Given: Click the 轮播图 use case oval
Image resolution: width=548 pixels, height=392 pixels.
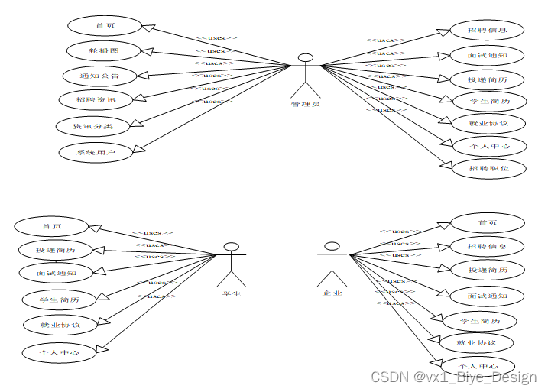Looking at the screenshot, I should (103, 50).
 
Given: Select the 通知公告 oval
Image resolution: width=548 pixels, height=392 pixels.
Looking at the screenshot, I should (99, 76).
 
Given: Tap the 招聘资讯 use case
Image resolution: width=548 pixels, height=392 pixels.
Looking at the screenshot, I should (96, 99).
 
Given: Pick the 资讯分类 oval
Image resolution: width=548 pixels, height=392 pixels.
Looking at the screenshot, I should (94, 125).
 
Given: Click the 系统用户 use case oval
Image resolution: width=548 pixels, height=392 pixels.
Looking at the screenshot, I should (96, 152).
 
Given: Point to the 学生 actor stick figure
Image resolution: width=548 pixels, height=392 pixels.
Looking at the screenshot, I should (232, 264).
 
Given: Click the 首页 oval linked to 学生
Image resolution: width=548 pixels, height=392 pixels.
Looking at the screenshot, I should (51, 226).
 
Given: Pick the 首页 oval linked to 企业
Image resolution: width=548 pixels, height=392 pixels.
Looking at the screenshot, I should (487, 222).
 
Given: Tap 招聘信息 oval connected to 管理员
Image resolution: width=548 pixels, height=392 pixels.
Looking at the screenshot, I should (487, 31).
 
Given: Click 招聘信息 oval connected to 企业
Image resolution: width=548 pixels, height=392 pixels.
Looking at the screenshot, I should (487, 246).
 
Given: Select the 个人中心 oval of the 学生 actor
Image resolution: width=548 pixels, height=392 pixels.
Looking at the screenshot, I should (60, 352).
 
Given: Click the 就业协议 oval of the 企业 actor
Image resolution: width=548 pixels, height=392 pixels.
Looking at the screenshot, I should (475, 342).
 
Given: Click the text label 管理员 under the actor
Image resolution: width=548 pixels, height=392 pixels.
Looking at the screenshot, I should (305, 104).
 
